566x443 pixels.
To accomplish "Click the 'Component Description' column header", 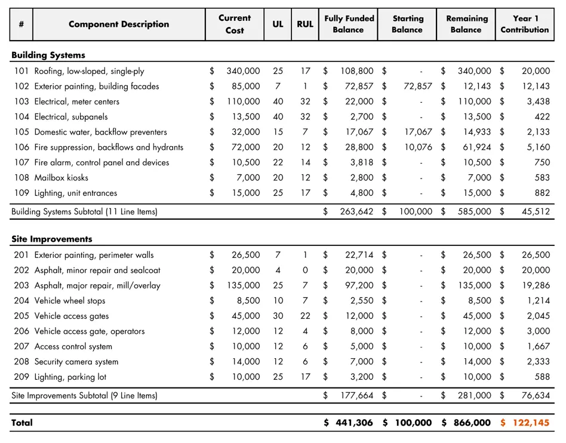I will [119, 24].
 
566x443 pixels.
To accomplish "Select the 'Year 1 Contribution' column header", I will [524, 24].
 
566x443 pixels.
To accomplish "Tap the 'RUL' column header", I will [304, 24].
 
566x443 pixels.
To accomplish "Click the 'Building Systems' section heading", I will [48, 56].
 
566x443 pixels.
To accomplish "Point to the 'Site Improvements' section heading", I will [52, 239].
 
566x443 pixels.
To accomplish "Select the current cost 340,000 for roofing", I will [243, 71].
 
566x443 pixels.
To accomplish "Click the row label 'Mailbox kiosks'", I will [61, 178].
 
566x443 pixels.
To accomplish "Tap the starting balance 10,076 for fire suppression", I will [418, 147].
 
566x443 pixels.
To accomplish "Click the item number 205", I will [21, 316].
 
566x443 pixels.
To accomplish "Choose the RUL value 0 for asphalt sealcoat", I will [304, 270].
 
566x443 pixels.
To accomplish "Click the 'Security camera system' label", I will [76, 362].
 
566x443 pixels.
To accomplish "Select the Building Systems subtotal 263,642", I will [355, 211].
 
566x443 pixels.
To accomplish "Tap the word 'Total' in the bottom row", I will [22, 423].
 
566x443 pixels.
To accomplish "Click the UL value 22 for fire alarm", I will [278, 162].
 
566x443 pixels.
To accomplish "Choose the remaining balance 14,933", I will [477, 132].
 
